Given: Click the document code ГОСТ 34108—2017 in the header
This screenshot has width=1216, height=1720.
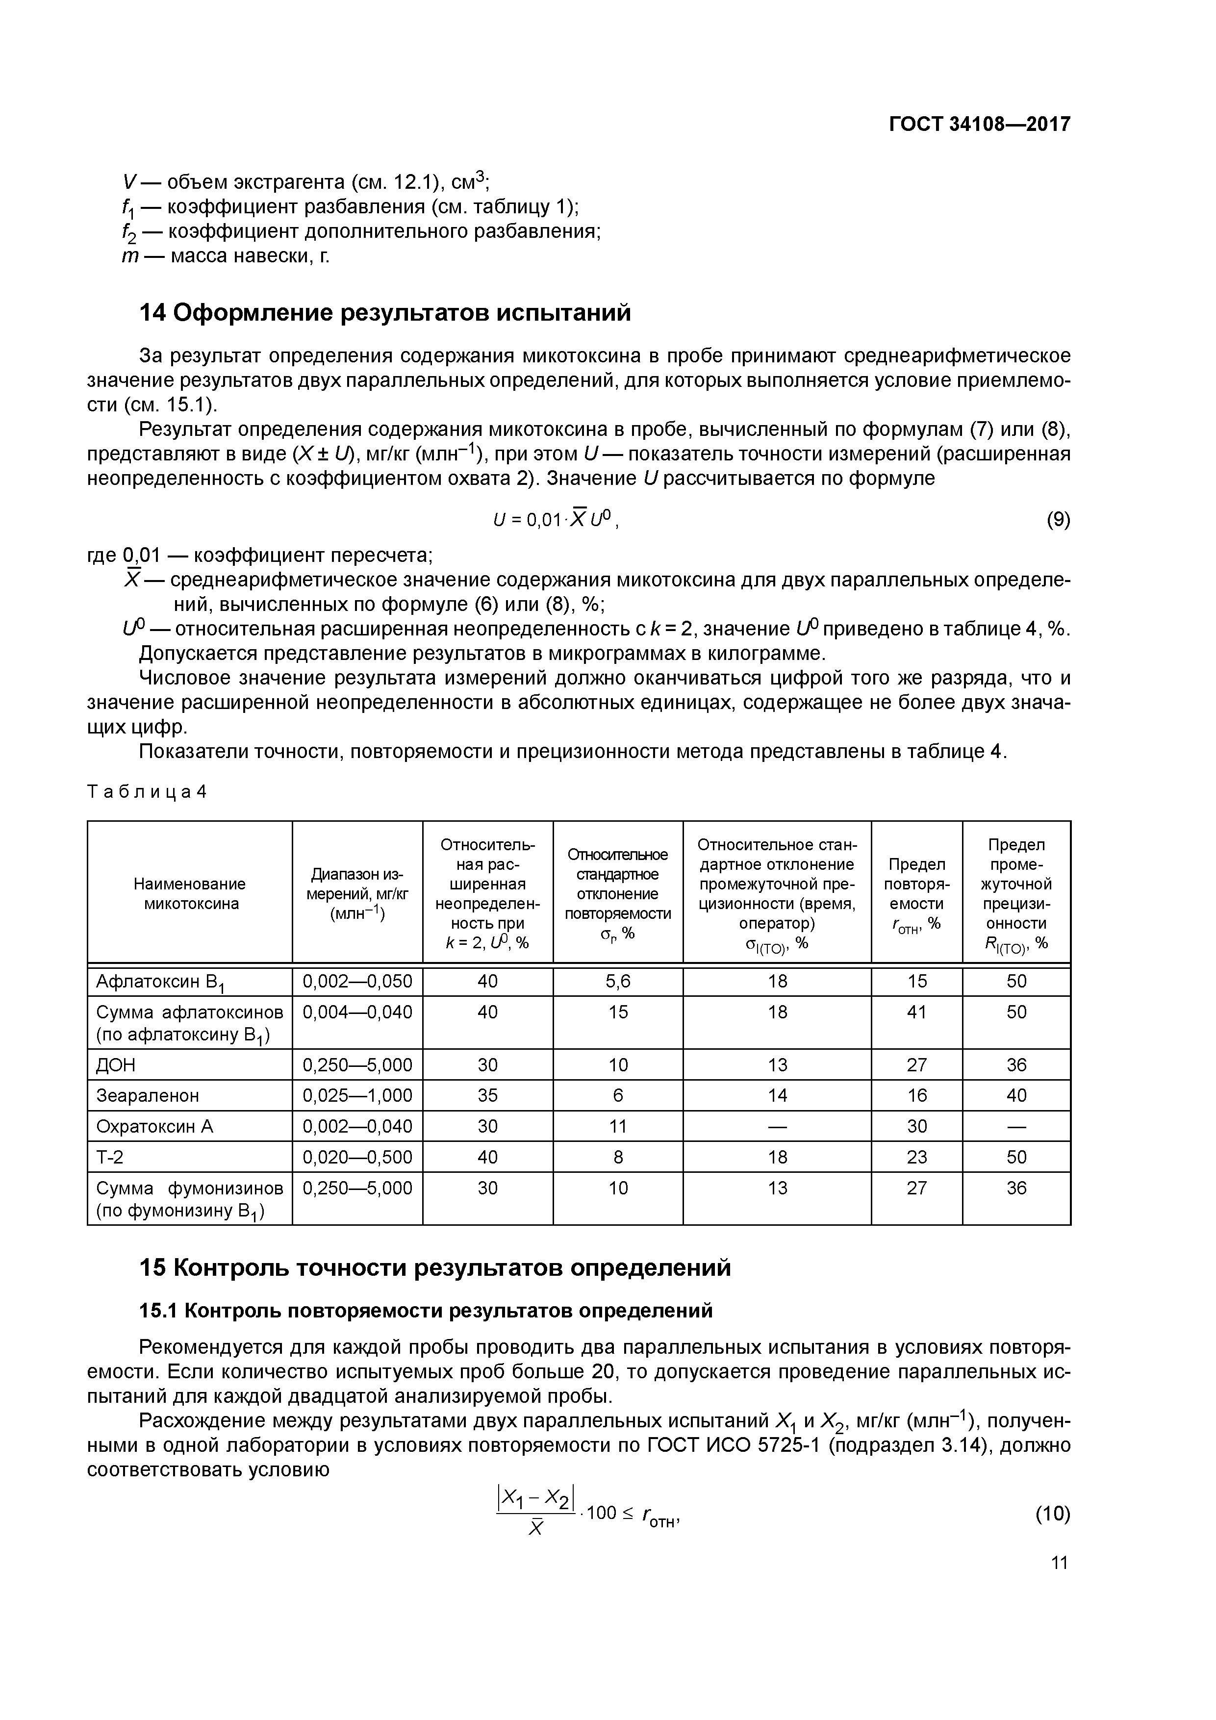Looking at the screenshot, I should pos(979,125).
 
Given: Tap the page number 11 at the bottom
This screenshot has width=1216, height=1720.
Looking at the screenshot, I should pos(1059,1562).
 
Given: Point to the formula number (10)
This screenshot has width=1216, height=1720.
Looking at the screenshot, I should pos(1053,1514).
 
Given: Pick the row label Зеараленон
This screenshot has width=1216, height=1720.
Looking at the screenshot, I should pos(148,1096).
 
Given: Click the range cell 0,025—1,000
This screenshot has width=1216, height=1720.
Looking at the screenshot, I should pos(357,1096).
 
